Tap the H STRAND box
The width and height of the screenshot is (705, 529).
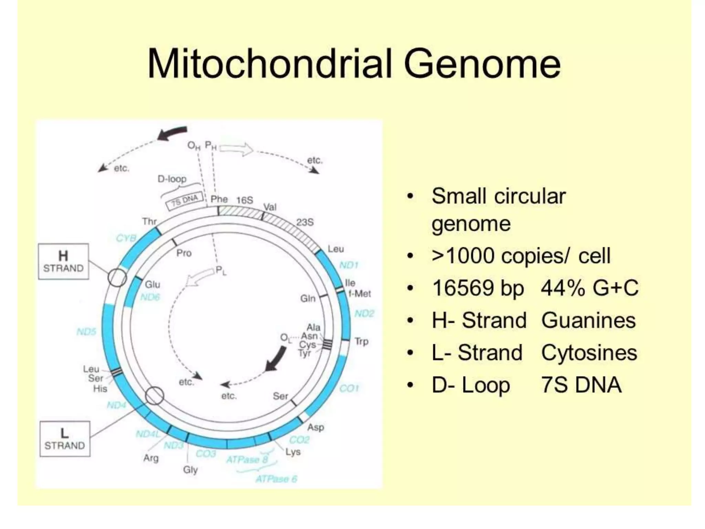click(x=63, y=261)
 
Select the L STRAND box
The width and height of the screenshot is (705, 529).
click(x=65, y=439)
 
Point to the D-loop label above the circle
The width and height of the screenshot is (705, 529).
click(x=172, y=179)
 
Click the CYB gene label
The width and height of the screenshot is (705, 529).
click(x=126, y=238)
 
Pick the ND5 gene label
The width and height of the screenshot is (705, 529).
click(x=86, y=332)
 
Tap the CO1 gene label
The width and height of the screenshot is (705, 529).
click(x=349, y=388)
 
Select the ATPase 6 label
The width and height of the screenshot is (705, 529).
click(x=276, y=479)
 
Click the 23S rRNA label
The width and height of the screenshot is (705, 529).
click(x=305, y=222)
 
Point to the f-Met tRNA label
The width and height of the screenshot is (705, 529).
click(x=360, y=294)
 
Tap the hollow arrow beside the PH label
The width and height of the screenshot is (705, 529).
click(x=236, y=149)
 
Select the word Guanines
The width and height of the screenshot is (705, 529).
click(x=588, y=321)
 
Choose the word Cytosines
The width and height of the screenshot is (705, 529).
click(x=589, y=353)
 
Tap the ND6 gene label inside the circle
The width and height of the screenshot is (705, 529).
click(x=150, y=297)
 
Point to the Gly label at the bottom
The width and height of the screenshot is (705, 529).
click(x=190, y=470)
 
